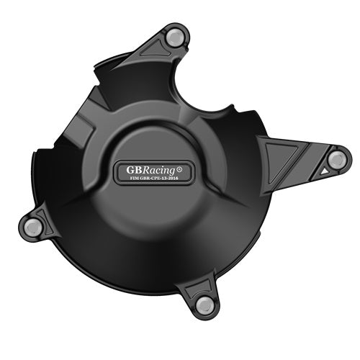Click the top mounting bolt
pos(175,37)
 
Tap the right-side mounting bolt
pos(336,159)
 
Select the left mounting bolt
pos(33,226)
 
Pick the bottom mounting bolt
pos(204,305)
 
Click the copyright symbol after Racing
pos(179,169)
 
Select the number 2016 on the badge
pos(173,179)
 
